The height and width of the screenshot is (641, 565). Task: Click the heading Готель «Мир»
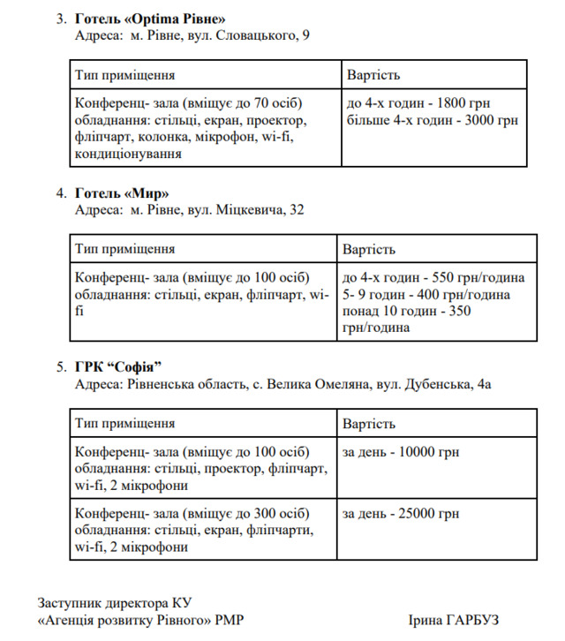[x=123, y=192]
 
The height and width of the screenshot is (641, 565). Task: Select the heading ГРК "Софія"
[x=120, y=366]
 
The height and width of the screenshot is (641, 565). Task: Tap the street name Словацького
[x=249, y=36]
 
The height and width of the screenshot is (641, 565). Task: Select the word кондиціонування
[x=129, y=153]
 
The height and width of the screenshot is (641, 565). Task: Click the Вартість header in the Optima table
[x=374, y=75]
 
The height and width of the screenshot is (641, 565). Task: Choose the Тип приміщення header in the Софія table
[x=124, y=423]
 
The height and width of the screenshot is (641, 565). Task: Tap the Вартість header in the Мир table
[x=369, y=249]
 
